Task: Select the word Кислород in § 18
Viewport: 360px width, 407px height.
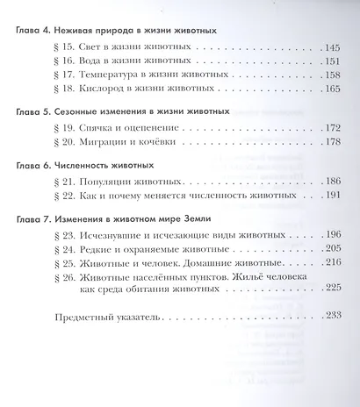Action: click(x=100, y=89)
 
